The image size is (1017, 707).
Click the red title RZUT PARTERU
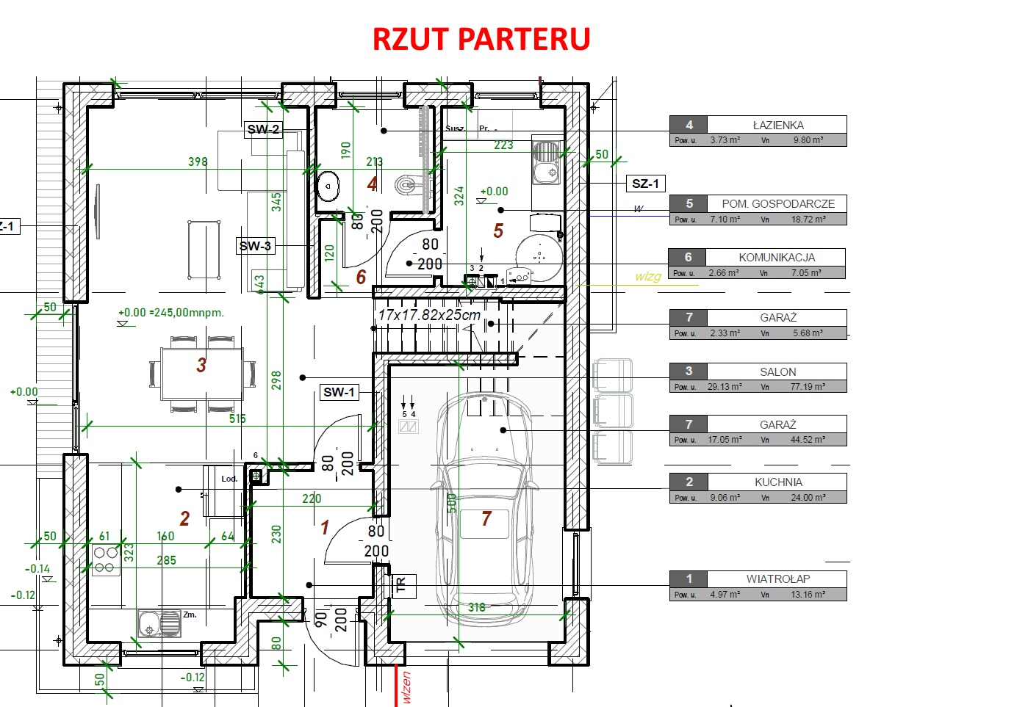point(481,39)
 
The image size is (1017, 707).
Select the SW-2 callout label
point(263,129)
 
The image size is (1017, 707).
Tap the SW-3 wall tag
point(256,246)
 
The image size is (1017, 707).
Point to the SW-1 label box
point(339,392)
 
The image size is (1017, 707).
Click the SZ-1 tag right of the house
point(646,184)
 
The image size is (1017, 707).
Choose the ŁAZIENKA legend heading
point(777,125)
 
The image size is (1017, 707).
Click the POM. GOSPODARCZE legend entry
point(777,203)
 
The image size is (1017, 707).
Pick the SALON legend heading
point(777,371)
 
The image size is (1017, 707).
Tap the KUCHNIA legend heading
point(777,482)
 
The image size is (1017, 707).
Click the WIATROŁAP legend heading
point(777,579)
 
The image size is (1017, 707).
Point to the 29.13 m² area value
point(725,387)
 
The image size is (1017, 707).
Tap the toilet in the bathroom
point(406,185)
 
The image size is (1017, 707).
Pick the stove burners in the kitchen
point(106,559)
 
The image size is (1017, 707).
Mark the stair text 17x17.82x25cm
point(429,315)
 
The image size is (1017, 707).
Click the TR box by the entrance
point(401,585)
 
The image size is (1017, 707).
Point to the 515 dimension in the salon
point(237,418)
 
